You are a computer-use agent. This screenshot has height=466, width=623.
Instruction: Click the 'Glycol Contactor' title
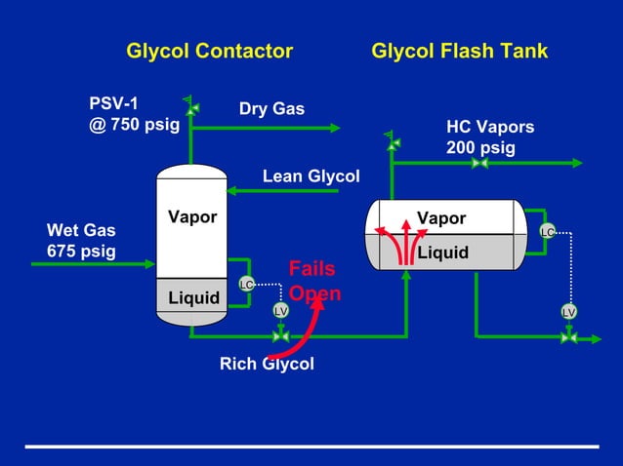click(209, 51)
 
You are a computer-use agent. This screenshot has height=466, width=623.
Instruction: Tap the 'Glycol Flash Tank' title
click(459, 51)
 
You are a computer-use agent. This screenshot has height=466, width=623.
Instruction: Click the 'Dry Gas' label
click(271, 108)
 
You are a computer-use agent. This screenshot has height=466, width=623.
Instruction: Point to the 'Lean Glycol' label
click(311, 176)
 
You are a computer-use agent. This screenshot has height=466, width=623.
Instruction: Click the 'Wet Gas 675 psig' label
click(81, 241)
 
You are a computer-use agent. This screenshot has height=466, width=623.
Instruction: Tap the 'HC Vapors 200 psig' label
click(490, 137)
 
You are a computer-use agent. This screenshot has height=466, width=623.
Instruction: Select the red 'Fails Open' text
click(313, 281)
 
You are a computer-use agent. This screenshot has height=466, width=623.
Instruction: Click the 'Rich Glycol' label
click(267, 364)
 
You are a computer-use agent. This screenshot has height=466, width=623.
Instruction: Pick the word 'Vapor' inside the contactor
click(191, 216)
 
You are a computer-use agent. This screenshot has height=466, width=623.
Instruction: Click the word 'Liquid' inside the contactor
click(193, 297)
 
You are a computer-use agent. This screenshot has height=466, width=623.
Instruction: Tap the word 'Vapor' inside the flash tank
click(441, 218)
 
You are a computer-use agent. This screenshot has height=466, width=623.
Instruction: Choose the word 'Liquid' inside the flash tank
click(443, 252)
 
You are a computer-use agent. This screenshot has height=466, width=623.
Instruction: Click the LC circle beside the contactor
click(247, 284)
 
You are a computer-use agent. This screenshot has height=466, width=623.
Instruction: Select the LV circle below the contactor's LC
click(280, 310)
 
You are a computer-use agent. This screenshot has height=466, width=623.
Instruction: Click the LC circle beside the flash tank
click(548, 231)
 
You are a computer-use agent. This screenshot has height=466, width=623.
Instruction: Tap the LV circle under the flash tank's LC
click(569, 311)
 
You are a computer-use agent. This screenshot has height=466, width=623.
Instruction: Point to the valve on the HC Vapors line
click(479, 163)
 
